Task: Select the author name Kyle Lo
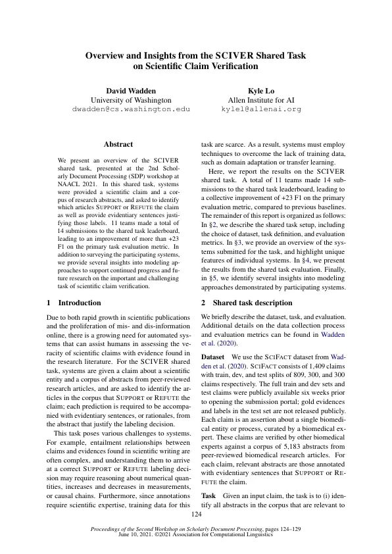coord(261,89)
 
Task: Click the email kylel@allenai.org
coord(261,109)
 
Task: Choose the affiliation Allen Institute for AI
coord(261,99)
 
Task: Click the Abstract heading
coord(118,144)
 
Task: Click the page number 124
coord(196,515)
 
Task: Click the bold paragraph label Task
coord(208,495)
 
